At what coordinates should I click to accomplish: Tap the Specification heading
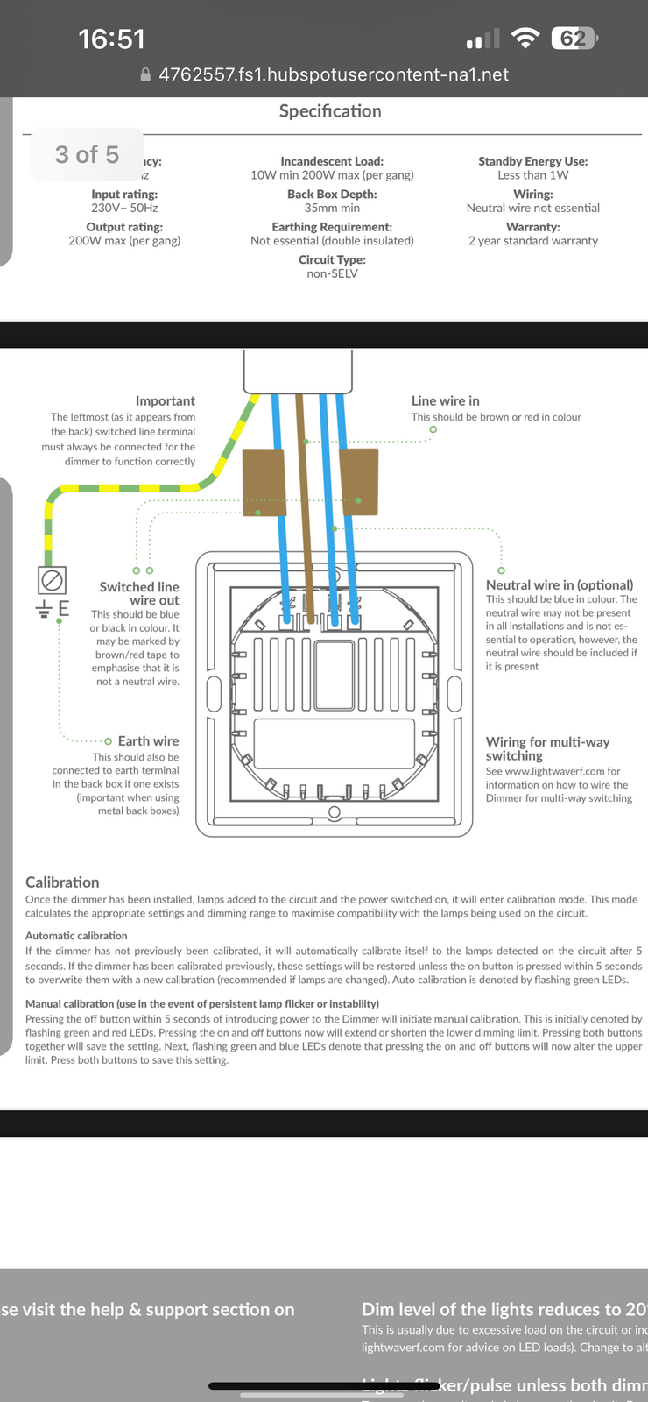(x=330, y=111)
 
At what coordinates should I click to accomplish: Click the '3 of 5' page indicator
(x=87, y=155)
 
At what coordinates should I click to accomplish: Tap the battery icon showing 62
(x=574, y=39)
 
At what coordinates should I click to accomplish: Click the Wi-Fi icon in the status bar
(x=525, y=39)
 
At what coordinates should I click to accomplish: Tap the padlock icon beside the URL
(x=146, y=75)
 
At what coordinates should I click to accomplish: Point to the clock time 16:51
(x=111, y=39)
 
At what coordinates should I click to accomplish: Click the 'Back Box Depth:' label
(x=332, y=195)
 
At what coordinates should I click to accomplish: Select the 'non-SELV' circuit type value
(x=332, y=273)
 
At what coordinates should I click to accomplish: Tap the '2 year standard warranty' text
(x=533, y=241)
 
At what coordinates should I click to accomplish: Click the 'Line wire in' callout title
(x=446, y=401)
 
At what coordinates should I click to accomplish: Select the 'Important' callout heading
(x=166, y=401)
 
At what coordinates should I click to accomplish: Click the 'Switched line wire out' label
(x=139, y=593)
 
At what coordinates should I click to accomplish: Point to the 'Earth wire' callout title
(x=148, y=741)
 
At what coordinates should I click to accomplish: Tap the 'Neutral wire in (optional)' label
(x=560, y=585)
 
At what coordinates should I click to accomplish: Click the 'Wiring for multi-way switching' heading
(x=547, y=748)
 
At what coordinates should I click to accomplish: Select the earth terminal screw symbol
(x=51, y=580)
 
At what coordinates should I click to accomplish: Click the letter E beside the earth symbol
(x=64, y=608)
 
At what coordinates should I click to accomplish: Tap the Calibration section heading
(x=62, y=882)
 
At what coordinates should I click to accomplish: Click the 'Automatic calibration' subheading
(x=76, y=936)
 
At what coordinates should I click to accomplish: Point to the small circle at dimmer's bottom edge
(x=334, y=813)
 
